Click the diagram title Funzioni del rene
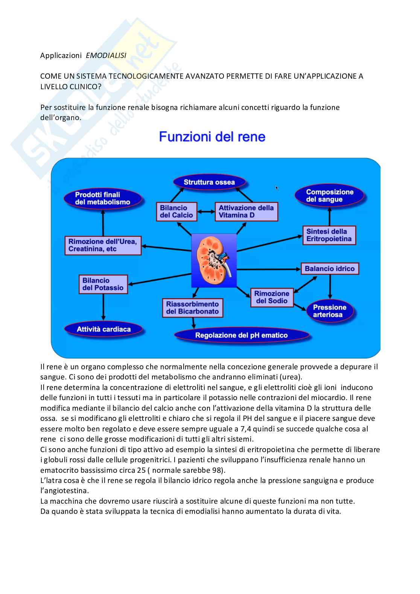pos(212,137)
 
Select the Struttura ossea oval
pos(209,183)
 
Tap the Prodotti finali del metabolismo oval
pos(103,198)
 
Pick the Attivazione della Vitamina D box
pos(246,212)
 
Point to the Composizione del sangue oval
pos(330,196)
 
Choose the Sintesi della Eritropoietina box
pos(329,235)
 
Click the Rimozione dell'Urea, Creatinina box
pos(103,245)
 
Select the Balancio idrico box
pos(330,269)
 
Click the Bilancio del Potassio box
pos(103,284)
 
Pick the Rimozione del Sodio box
pos(272,297)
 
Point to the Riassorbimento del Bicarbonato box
pos(192,308)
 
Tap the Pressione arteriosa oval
pos(329,311)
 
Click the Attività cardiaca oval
pos(103,329)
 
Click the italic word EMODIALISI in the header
pos(106,55)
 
